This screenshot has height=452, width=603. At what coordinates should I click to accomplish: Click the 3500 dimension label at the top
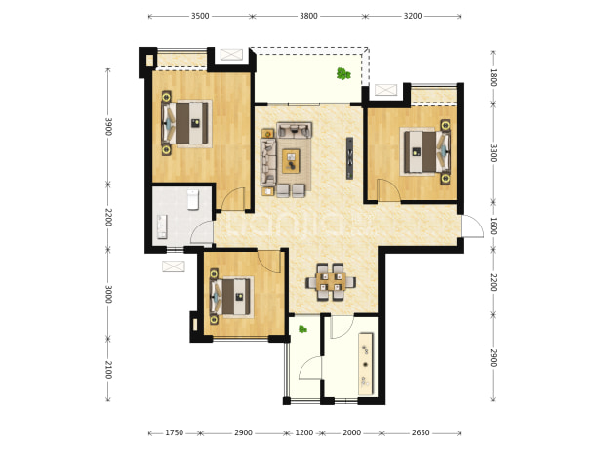click(200, 16)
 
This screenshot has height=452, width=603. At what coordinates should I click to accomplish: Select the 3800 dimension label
click(308, 16)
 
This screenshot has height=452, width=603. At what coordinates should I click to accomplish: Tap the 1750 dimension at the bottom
click(175, 433)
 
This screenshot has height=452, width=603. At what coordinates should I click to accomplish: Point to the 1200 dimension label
click(304, 433)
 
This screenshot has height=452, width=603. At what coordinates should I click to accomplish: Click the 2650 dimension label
click(421, 433)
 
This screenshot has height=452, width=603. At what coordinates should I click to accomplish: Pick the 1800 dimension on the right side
click(493, 78)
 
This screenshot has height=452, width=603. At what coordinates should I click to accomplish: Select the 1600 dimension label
click(493, 226)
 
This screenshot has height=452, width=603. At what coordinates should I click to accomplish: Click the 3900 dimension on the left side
click(108, 127)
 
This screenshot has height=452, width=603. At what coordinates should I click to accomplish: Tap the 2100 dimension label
click(108, 370)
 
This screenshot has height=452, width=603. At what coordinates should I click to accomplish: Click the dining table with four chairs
click(331, 282)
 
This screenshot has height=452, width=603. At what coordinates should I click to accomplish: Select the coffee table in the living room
click(291, 161)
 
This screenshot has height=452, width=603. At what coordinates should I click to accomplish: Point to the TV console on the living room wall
click(349, 158)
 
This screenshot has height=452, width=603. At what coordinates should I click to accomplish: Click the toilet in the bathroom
click(192, 200)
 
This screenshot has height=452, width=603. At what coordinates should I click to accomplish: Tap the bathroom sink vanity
click(162, 226)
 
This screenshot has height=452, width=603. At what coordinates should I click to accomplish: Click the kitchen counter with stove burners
click(365, 364)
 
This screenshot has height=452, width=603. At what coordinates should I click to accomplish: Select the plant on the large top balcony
click(343, 73)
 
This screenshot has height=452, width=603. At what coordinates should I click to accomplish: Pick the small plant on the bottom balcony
click(302, 329)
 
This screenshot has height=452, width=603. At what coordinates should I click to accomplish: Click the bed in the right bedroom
click(424, 151)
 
